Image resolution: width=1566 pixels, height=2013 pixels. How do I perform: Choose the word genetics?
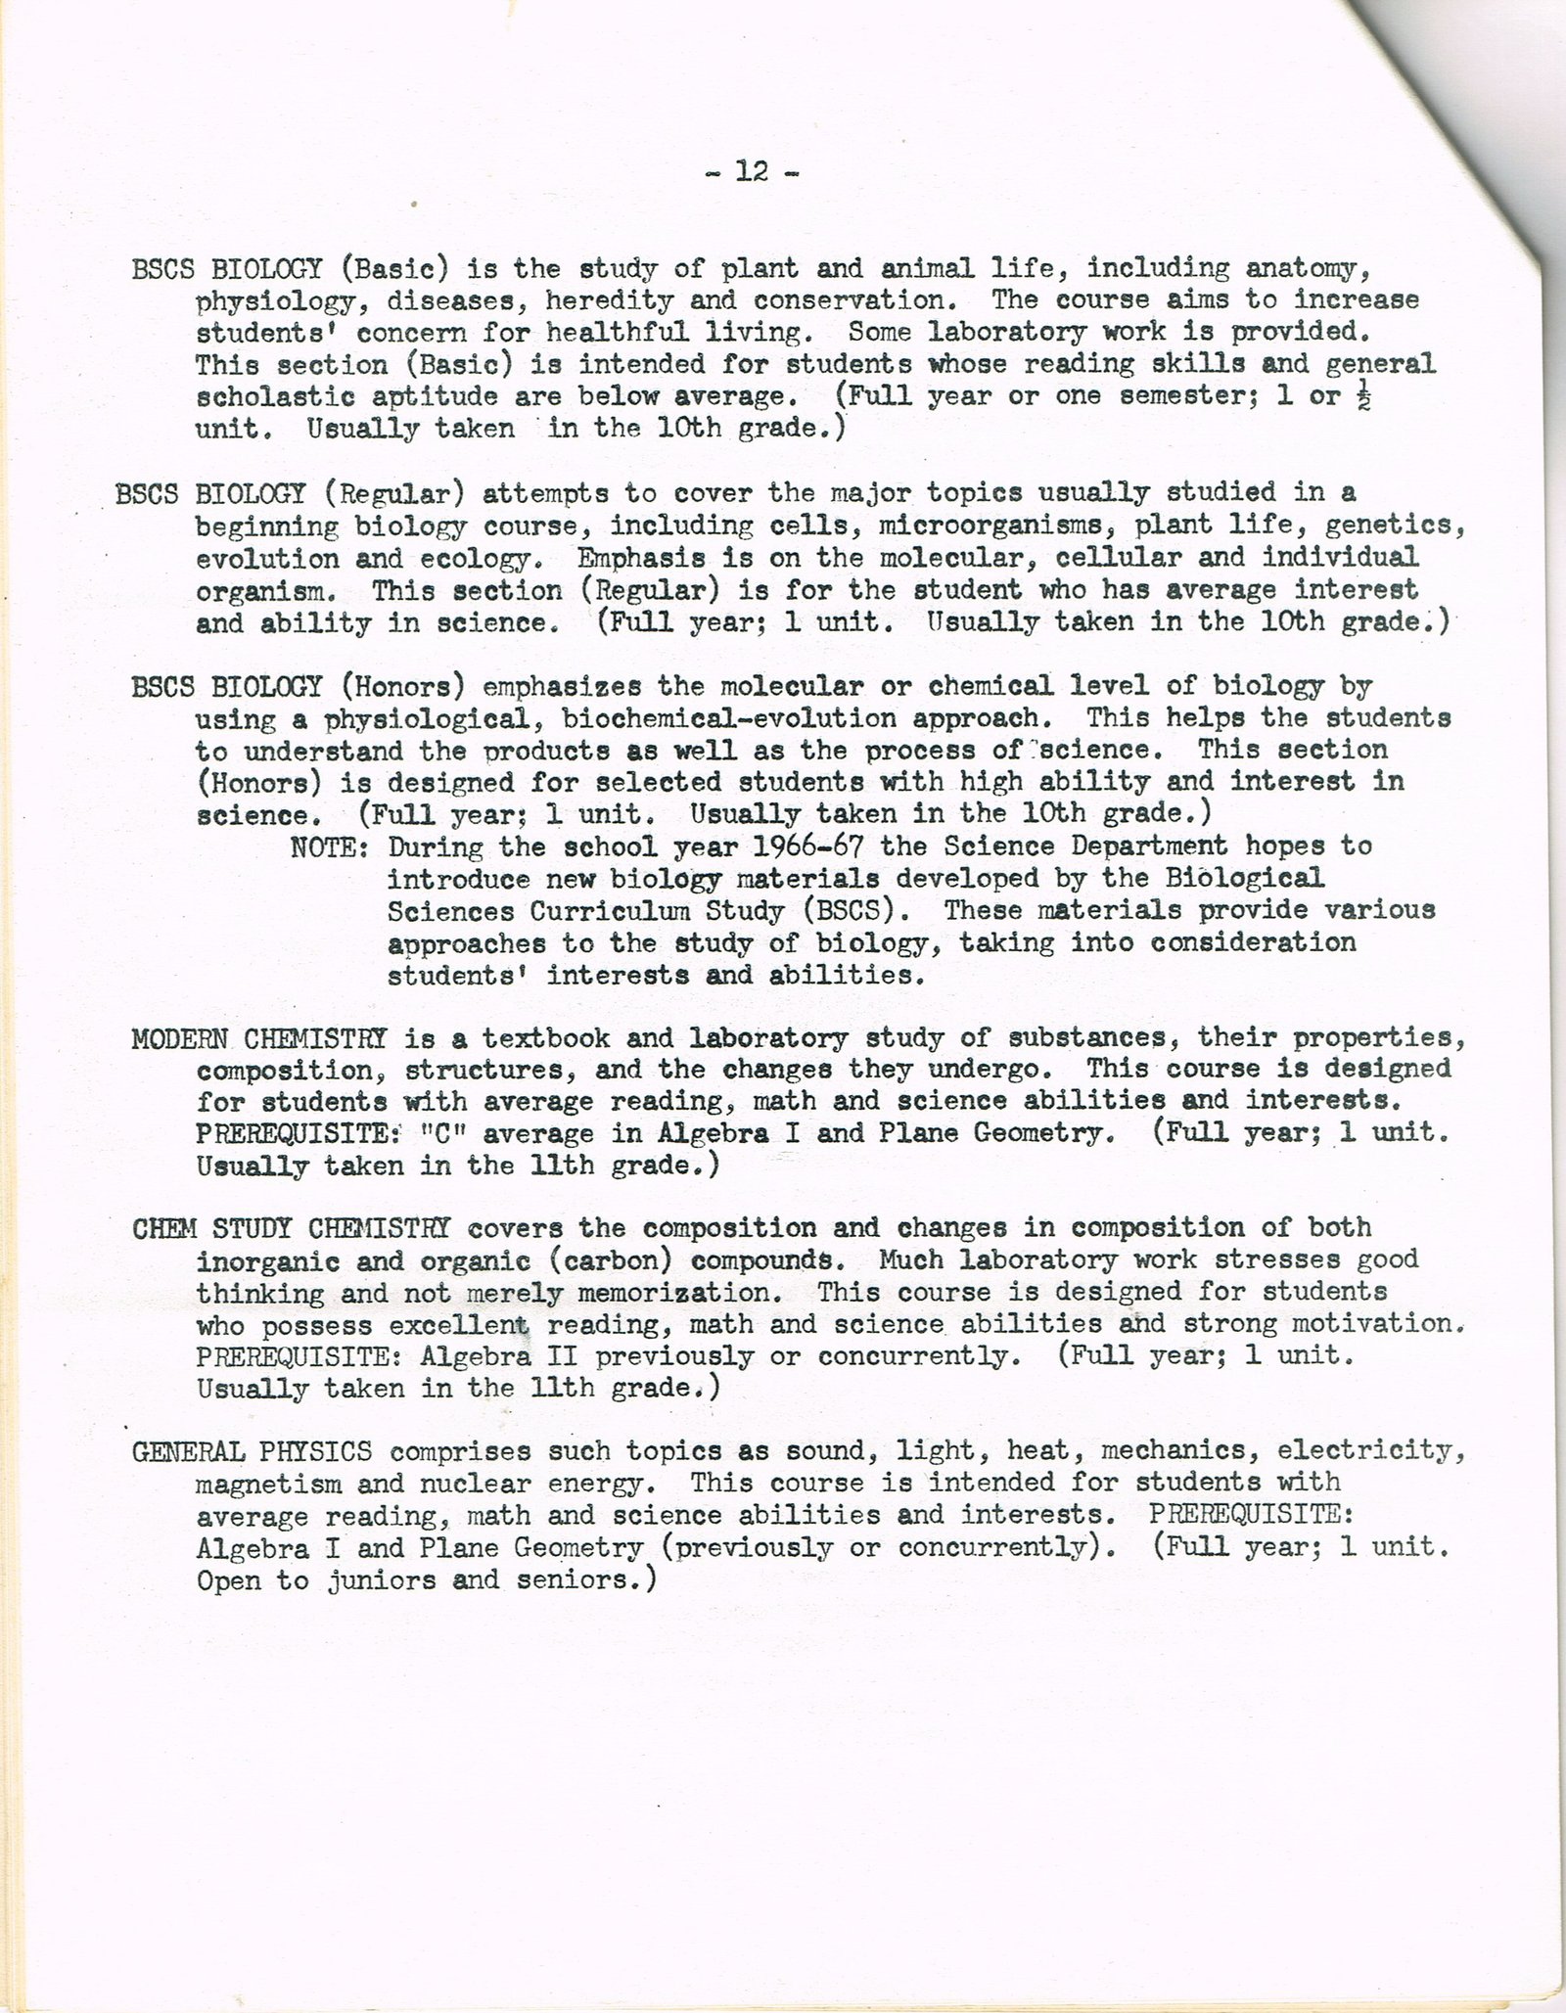[x=1395, y=526]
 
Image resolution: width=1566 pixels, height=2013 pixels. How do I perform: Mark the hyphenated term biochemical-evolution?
[x=729, y=718]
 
